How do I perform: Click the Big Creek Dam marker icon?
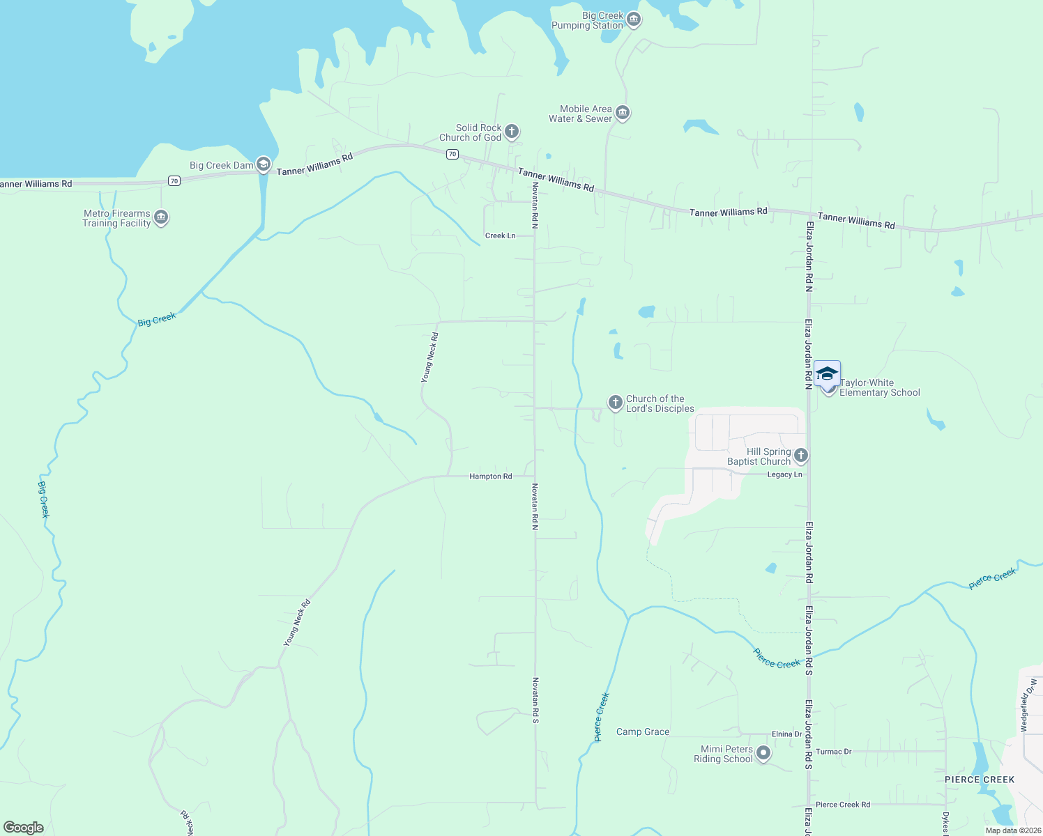coord(264,164)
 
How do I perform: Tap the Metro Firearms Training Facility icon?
coord(161,218)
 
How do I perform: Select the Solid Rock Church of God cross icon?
coord(512,132)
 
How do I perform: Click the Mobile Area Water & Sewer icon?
coord(623,113)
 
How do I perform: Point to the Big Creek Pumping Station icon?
coord(634,20)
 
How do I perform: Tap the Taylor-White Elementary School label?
coord(879,388)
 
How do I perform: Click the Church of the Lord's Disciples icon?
coord(615,403)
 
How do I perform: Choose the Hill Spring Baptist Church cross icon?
coord(800,456)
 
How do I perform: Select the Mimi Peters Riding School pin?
coord(763,753)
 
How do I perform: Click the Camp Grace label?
coord(643,732)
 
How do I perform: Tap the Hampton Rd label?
coord(491,477)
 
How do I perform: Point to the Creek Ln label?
coord(500,235)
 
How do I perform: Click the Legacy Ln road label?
coord(784,474)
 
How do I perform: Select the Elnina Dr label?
coord(786,734)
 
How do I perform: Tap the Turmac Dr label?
coord(833,752)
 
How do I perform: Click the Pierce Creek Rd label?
coord(842,805)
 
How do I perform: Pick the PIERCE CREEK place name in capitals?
coord(980,780)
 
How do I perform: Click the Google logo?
coord(24,828)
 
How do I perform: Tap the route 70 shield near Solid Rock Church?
coord(452,155)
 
